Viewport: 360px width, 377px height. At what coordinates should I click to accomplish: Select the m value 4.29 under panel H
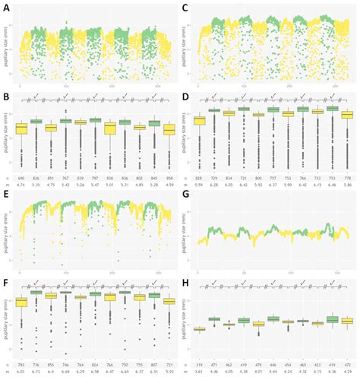[349, 372]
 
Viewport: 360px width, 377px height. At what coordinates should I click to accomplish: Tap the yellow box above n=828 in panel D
[200, 120]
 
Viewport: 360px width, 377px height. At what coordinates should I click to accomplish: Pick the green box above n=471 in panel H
[216, 320]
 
